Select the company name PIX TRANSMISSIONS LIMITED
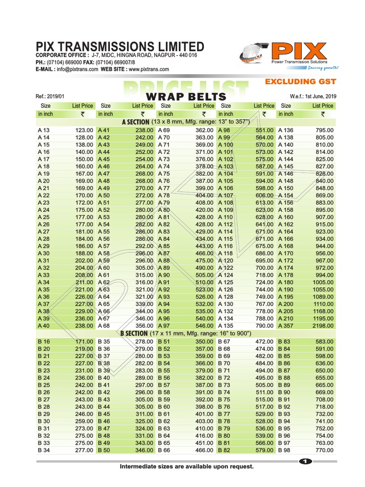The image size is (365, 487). (x=120, y=46)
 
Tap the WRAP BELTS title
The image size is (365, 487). (x=185, y=97)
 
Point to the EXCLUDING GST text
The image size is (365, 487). (x=300, y=82)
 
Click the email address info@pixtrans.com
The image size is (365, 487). (x=77, y=69)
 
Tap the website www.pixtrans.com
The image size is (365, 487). (x=149, y=69)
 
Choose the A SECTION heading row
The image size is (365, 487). (x=185, y=122)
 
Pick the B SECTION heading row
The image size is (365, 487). (x=185, y=333)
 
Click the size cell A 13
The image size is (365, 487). (x=43, y=130)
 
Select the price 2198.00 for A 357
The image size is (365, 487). (x=323, y=326)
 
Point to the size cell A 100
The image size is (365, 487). (x=226, y=145)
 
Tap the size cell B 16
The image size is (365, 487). (x=44, y=341)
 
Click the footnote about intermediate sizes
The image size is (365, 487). (x=186, y=467)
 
